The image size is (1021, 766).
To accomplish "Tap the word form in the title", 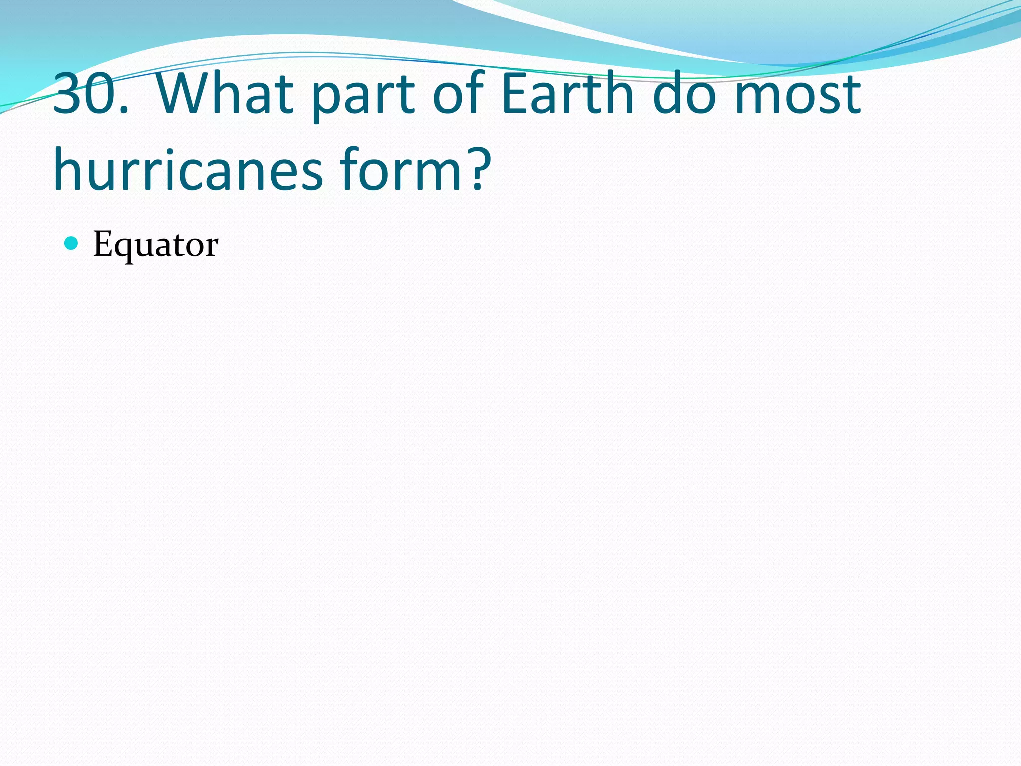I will (x=399, y=170).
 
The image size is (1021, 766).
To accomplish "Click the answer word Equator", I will (x=156, y=245).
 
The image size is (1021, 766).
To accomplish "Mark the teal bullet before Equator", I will (x=72, y=243).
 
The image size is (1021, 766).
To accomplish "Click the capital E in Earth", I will (x=513, y=93).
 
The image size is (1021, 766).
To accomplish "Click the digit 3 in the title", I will (x=68, y=93).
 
